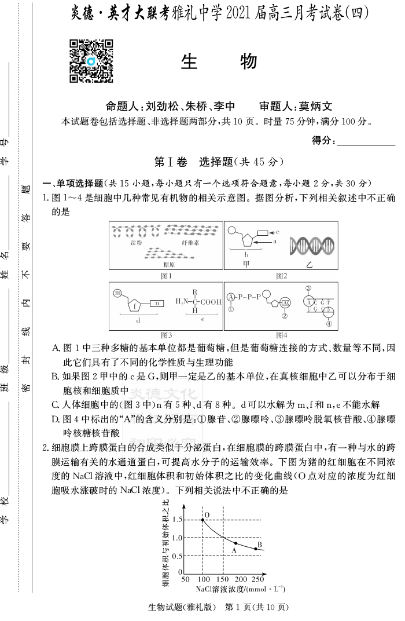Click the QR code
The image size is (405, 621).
click(91, 61)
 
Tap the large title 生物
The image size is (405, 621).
click(219, 62)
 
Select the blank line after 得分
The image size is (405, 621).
click(366, 140)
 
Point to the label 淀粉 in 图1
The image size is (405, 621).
click(136, 243)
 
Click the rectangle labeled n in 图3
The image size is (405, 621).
click(157, 303)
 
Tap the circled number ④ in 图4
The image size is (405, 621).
click(329, 324)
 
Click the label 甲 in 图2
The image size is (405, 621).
click(246, 264)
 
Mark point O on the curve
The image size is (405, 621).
click(203, 520)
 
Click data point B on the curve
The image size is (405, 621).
click(256, 549)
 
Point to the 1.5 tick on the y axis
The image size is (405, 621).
click(177, 520)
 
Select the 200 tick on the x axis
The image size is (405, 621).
click(240, 579)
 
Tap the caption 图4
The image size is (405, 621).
click(281, 335)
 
